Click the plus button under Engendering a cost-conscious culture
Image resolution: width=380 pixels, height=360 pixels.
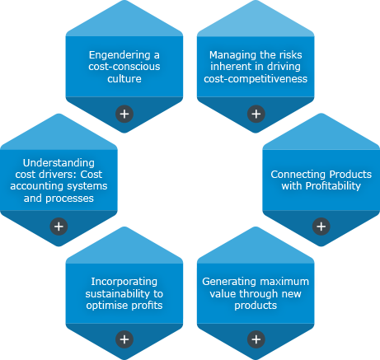124,114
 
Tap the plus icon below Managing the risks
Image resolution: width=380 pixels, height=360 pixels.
256,114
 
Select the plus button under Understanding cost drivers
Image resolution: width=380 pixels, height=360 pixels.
59,227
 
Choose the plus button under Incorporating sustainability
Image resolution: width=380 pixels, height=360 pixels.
124,339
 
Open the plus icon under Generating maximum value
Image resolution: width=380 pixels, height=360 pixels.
256,339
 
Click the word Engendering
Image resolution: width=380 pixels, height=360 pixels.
120,55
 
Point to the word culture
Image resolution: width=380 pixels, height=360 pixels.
124,79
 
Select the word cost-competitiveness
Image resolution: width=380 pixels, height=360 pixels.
256,79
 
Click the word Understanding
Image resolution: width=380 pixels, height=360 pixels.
59,163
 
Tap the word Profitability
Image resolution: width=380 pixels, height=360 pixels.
333,186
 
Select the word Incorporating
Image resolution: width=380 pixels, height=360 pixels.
124,282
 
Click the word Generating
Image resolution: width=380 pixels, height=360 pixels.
225,282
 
